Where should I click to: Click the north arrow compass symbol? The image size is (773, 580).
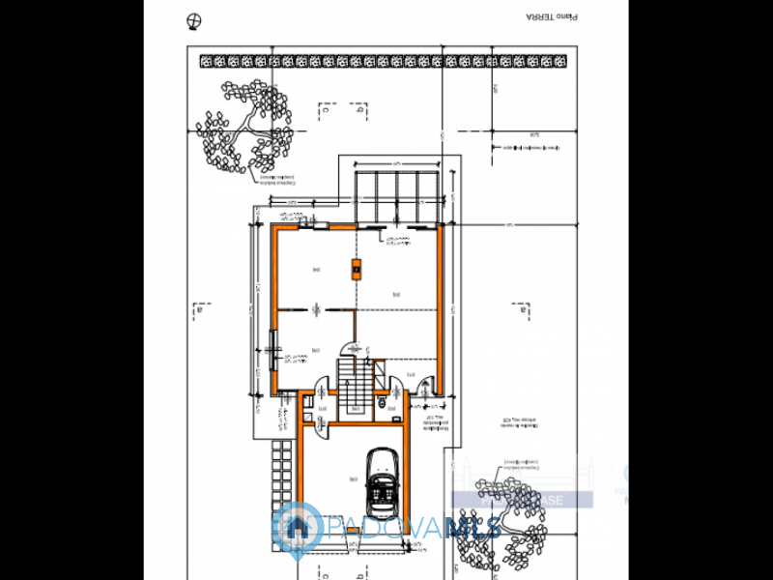click(x=196, y=21)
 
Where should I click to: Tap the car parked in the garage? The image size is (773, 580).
click(x=384, y=480)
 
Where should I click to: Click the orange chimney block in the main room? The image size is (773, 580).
click(x=357, y=268)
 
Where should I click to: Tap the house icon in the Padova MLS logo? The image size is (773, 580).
click(x=297, y=528)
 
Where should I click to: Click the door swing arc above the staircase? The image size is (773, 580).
click(x=350, y=348)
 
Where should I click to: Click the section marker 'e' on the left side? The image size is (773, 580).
click(x=201, y=310)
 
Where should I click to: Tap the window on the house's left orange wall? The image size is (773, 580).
click(x=274, y=343)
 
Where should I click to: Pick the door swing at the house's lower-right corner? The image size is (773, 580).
click(x=424, y=387)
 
